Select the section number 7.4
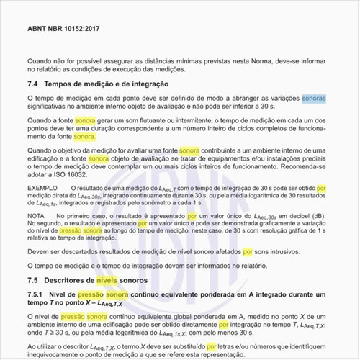tap(34, 84)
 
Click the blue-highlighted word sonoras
tap(315, 97)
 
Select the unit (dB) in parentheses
tap(321, 215)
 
